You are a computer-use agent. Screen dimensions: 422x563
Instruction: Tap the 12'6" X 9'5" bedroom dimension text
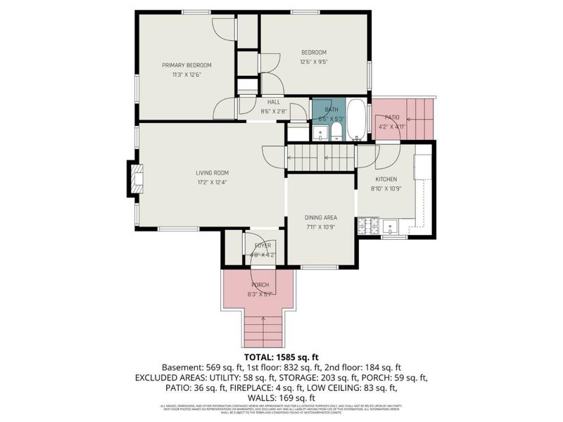pyautogui.click(x=314, y=61)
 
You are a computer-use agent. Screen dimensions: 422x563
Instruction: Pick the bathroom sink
pyautogui.click(x=320, y=132)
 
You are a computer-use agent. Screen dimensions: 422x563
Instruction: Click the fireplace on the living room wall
pyautogui.click(x=133, y=179)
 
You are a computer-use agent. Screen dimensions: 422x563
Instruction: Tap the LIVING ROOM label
pyautogui.click(x=212, y=172)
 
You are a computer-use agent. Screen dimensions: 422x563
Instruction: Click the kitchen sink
pyautogui.click(x=390, y=226)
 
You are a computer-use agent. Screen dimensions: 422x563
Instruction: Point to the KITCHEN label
pyautogui.click(x=386, y=179)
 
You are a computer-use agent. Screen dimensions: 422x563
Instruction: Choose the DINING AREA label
pyautogui.click(x=320, y=218)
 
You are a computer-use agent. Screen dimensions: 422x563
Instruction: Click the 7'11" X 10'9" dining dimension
pyautogui.click(x=320, y=227)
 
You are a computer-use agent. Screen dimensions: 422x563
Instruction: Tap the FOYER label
pyautogui.click(x=262, y=245)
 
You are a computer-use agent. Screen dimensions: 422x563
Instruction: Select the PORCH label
pyautogui.click(x=258, y=285)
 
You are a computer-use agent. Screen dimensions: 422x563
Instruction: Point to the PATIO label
pyautogui.click(x=391, y=117)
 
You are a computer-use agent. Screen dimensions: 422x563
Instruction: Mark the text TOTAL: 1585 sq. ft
pyautogui.click(x=281, y=357)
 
